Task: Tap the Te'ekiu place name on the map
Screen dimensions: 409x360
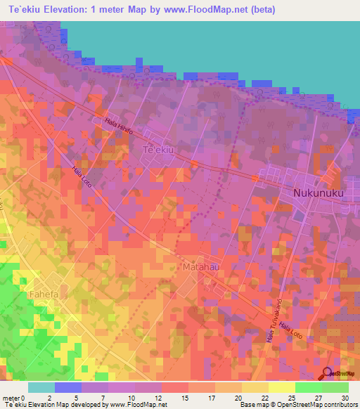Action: coord(158,150)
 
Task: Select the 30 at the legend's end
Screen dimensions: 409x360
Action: coord(345,397)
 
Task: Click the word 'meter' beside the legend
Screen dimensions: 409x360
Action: coord(12,397)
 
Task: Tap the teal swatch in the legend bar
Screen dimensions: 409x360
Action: coord(41,387)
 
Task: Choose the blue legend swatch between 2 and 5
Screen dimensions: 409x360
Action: coord(68,387)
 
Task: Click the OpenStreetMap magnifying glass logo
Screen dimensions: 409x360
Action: coord(326,374)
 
